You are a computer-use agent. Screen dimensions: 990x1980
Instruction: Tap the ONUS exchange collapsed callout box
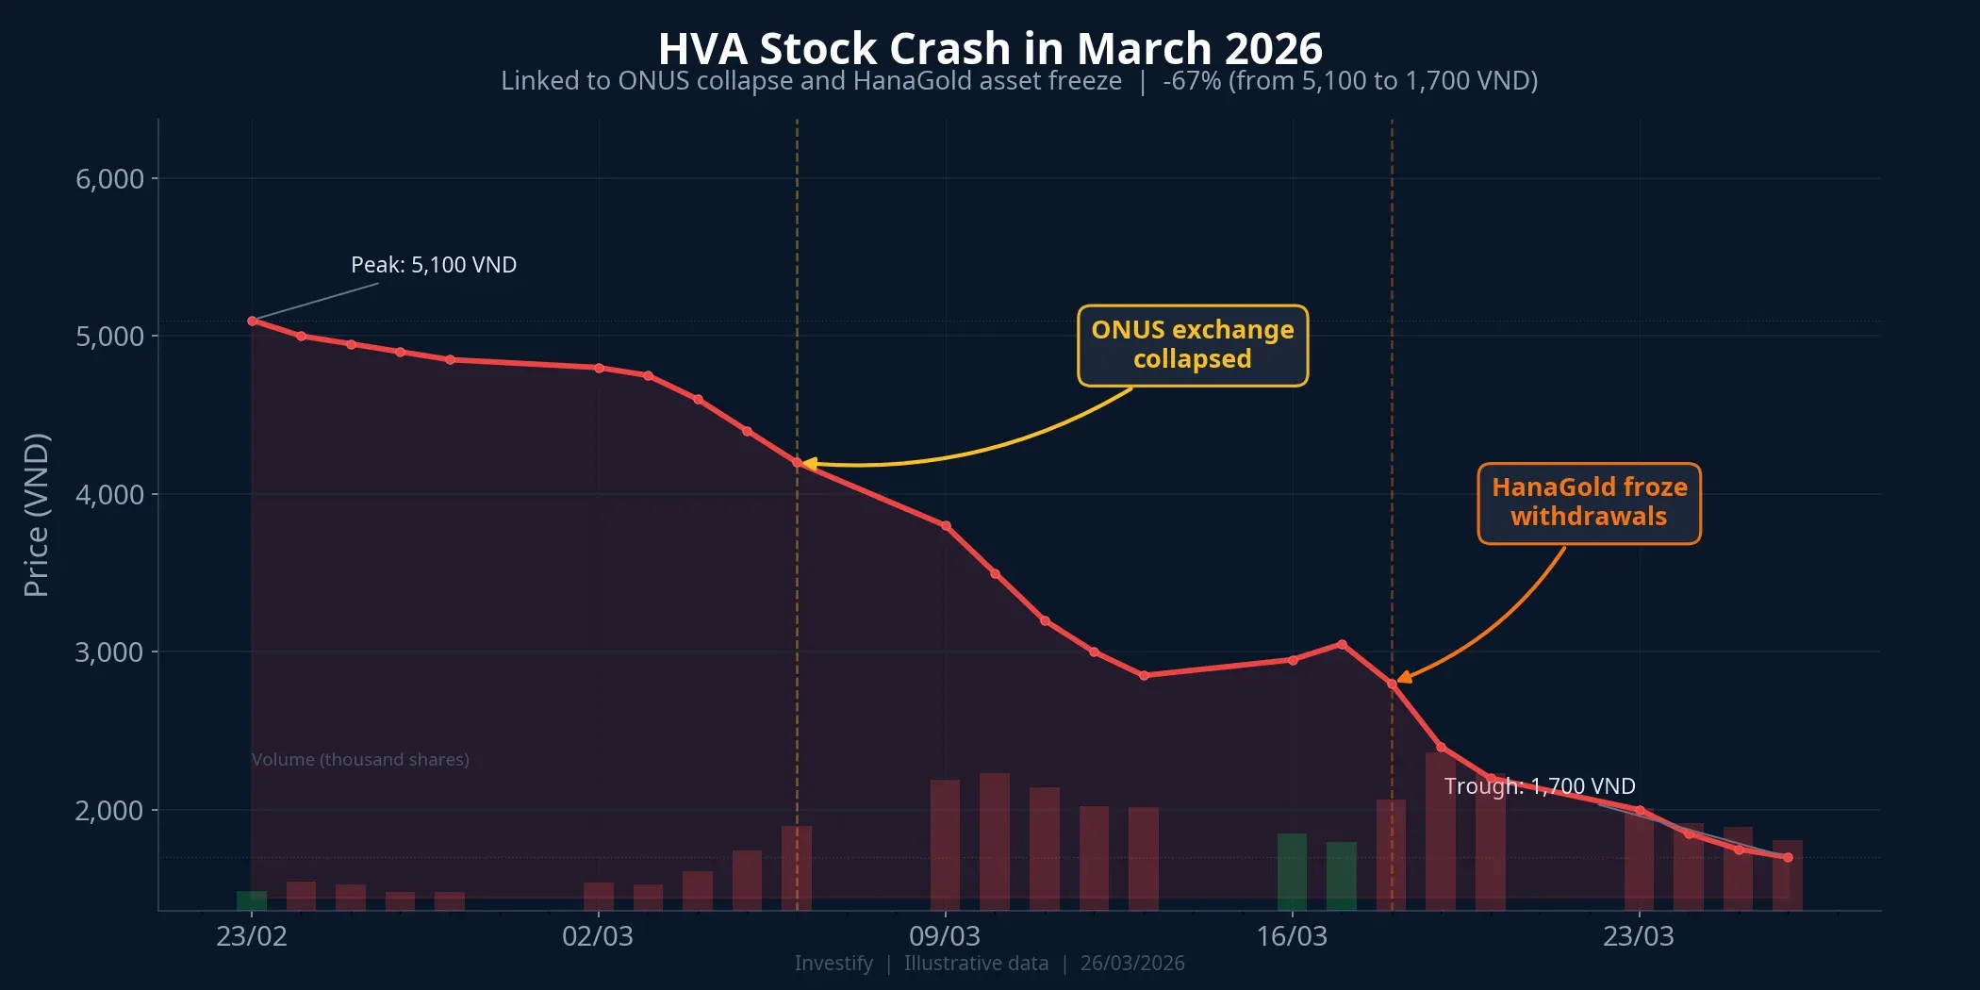click(1193, 345)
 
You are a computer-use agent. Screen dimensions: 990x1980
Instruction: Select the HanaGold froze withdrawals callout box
click(1589, 503)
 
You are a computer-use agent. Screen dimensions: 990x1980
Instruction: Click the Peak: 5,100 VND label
click(434, 265)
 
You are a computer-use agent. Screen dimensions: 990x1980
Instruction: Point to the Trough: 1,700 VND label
click(1540, 786)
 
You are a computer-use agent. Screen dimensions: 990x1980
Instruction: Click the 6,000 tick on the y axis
click(109, 179)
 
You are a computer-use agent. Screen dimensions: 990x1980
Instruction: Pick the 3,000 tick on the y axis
click(109, 652)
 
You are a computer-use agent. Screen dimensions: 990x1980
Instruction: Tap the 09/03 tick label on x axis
click(945, 936)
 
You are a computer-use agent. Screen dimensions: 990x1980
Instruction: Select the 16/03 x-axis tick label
click(1292, 936)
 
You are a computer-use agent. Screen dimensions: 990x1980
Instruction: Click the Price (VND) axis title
click(36, 515)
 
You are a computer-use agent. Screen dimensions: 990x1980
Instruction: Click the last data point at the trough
click(1788, 857)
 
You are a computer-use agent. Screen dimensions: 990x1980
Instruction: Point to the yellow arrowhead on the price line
click(809, 463)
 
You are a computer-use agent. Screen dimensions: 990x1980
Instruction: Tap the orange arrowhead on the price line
click(1404, 678)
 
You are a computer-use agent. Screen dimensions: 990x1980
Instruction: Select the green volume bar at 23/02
click(252, 900)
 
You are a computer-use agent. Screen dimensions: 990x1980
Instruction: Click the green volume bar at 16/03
click(1292, 871)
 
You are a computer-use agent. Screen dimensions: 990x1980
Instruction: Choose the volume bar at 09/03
click(945, 844)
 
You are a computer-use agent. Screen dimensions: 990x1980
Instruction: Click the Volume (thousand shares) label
click(360, 760)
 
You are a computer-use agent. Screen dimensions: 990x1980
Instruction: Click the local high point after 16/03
click(1342, 644)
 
